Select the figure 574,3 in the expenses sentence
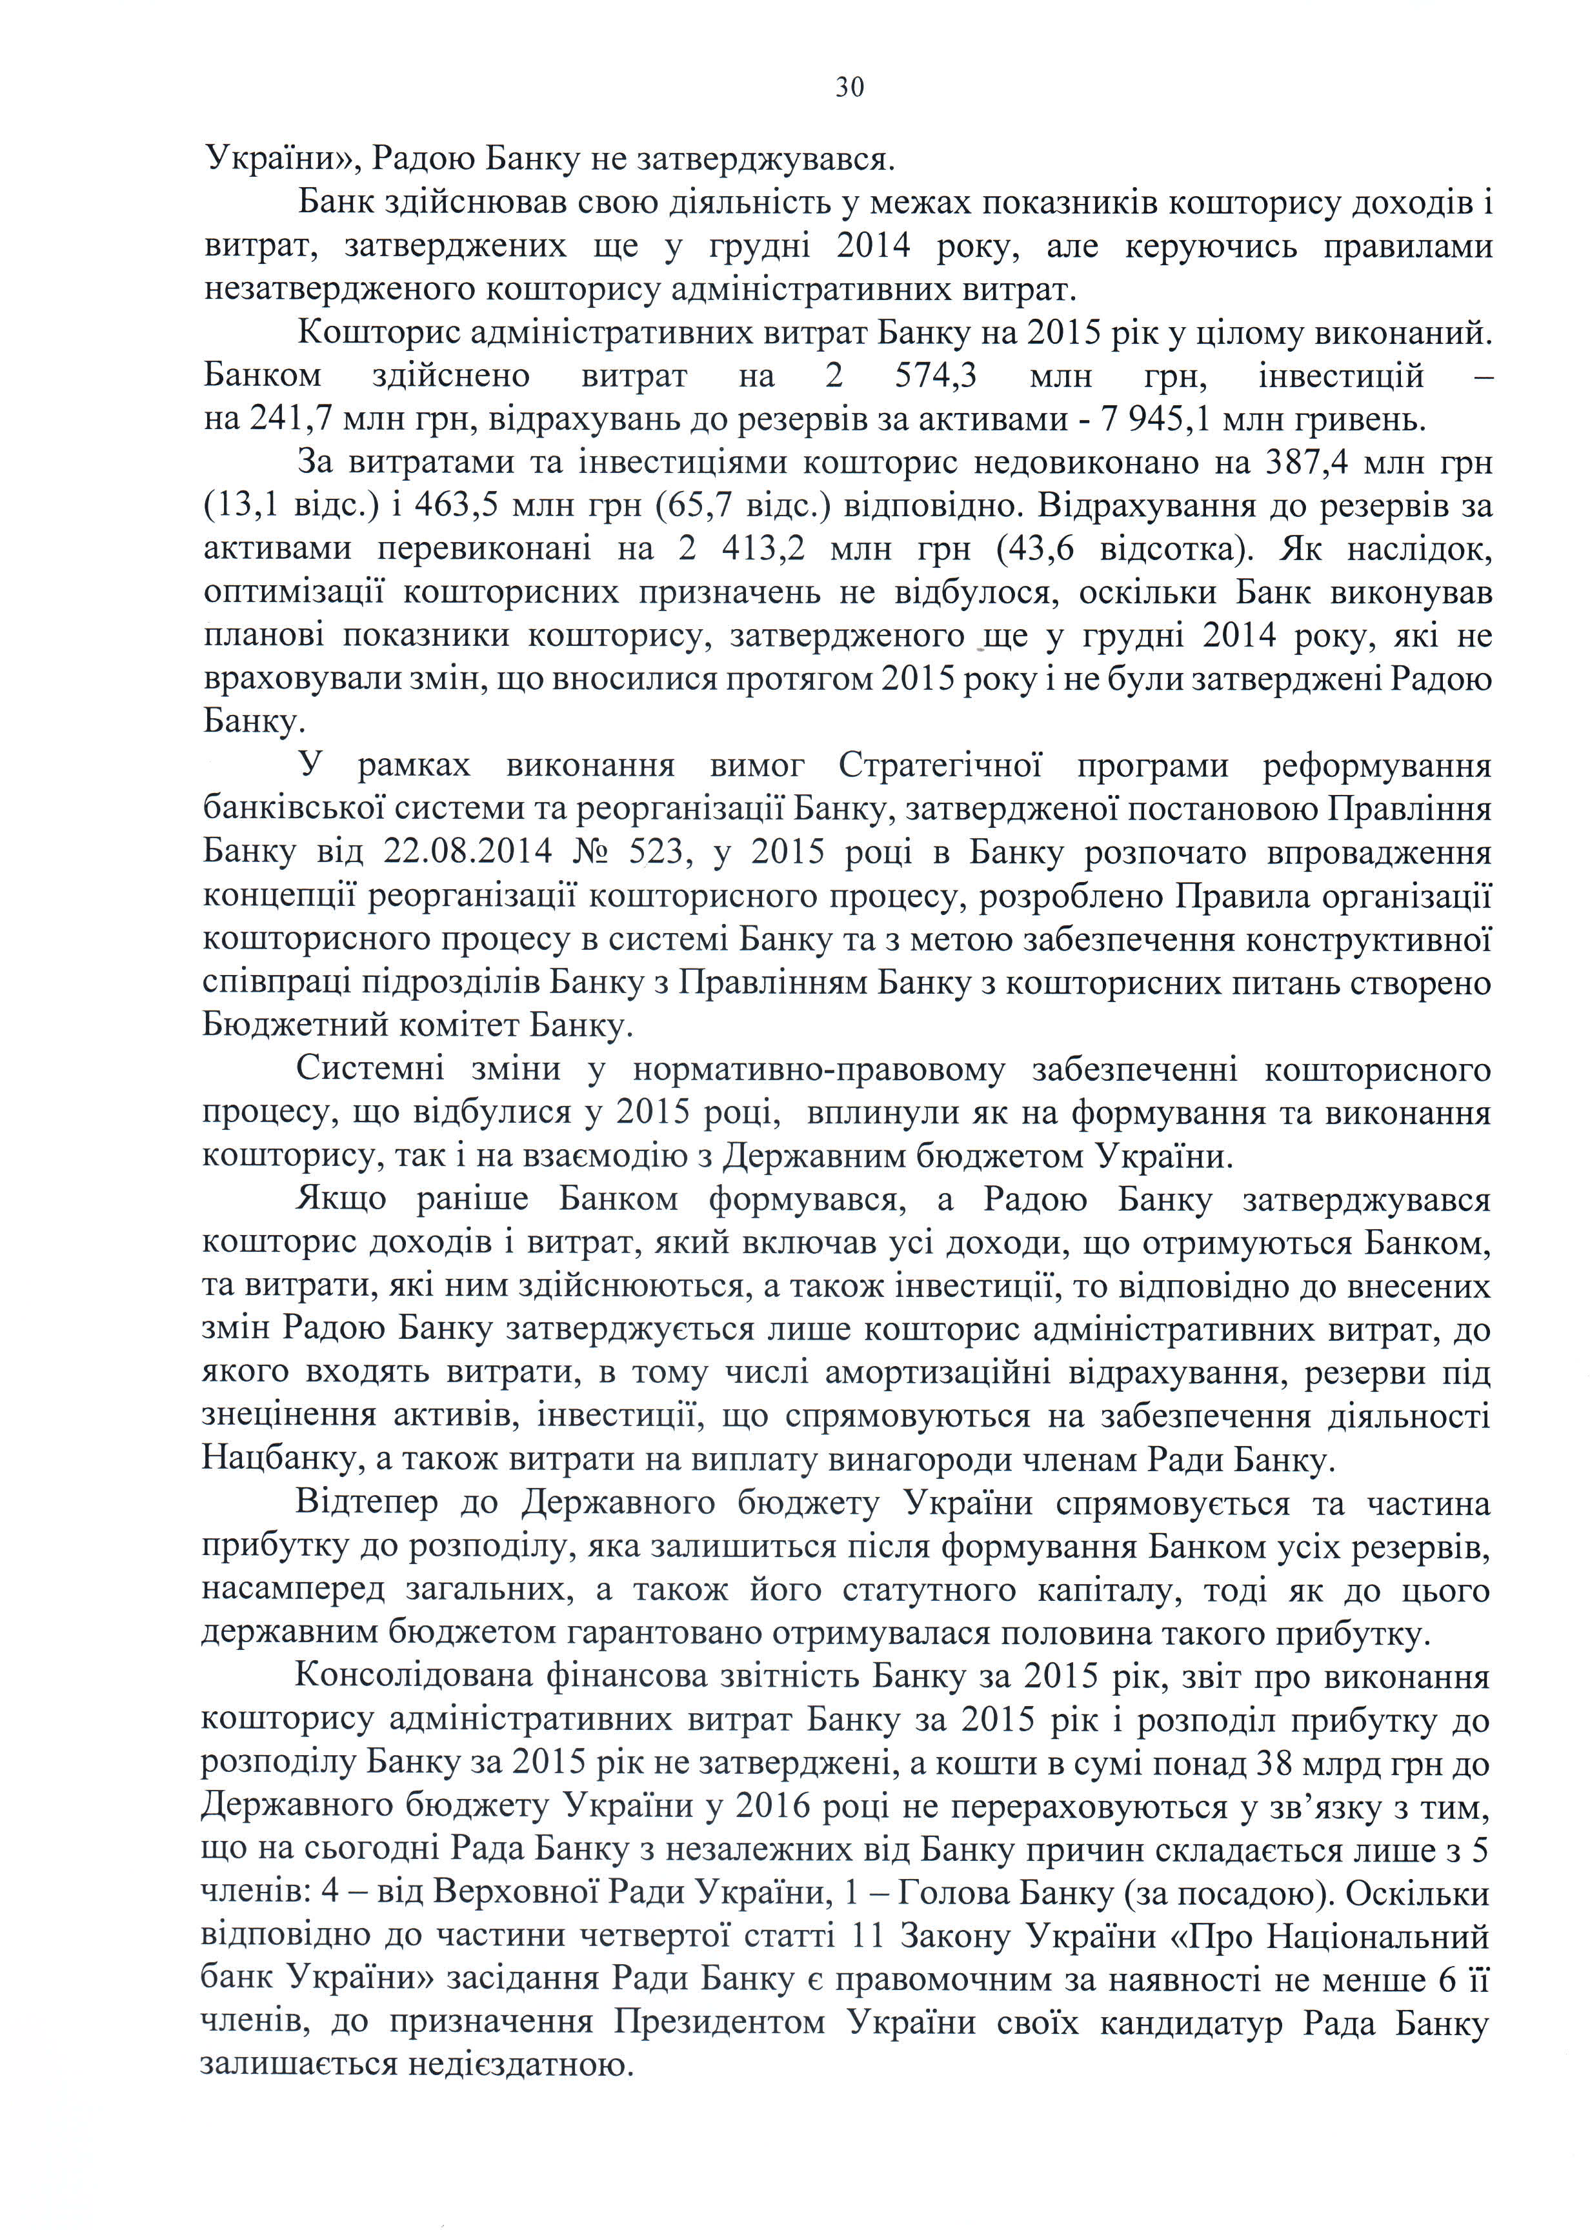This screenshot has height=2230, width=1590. (940, 377)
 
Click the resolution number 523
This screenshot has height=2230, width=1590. (657, 854)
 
